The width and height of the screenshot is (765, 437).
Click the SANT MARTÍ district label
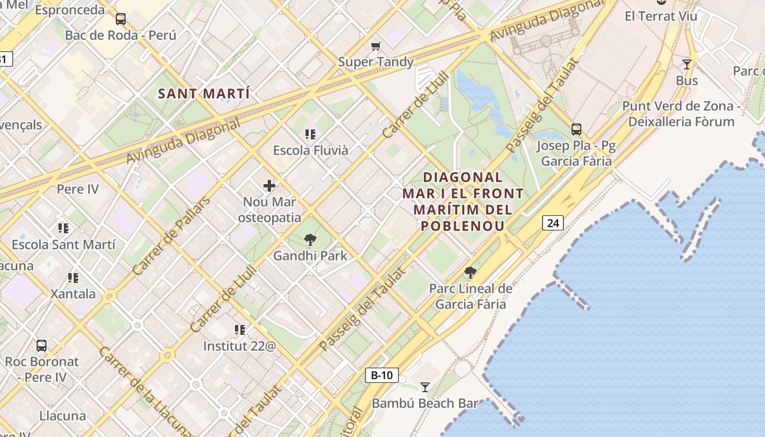204,93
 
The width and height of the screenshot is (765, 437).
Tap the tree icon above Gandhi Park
310,239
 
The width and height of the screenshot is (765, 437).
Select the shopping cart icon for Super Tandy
375,46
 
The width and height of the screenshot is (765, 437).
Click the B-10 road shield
381,375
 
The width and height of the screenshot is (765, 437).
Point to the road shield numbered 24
553,223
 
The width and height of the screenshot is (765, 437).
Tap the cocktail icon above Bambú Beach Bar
425,387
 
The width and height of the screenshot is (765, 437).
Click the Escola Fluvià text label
310,150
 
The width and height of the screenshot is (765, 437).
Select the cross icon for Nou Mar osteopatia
269,186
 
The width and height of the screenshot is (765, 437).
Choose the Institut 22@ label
239,346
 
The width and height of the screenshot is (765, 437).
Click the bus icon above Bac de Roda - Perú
120,19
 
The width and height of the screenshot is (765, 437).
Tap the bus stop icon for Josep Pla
576,129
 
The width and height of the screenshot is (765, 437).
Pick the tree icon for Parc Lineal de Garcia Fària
470,272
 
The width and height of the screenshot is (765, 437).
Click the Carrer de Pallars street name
171,236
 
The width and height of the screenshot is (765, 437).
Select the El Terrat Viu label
661,16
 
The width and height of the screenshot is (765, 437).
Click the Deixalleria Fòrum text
681,121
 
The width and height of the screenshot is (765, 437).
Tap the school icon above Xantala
73,277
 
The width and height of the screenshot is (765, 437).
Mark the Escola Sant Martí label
63,244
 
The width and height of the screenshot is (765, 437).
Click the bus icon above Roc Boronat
42,345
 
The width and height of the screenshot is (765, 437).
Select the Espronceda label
69,10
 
